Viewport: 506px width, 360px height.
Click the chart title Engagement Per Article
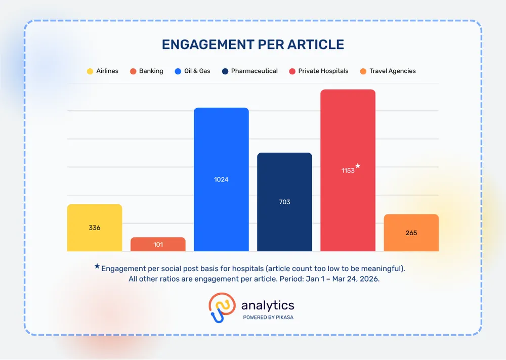click(x=253, y=44)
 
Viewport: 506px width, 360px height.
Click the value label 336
click(x=95, y=228)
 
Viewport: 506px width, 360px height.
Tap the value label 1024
click(x=221, y=179)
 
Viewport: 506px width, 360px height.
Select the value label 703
click(x=284, y=202)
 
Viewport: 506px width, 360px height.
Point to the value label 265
click(x=411, y=233)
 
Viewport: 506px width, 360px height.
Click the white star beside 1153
click(x=358, y=166)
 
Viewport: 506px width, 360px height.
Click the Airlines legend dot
click(x=90, y=71)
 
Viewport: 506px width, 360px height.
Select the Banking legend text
click(x=151, y=71)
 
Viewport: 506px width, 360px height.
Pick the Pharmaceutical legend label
click(x=254, y=71)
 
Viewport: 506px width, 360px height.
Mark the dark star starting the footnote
click(x=97, y=266)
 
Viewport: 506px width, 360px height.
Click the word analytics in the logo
click(x=268, y=305)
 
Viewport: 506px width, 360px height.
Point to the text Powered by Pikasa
click(x=268, y=318)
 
